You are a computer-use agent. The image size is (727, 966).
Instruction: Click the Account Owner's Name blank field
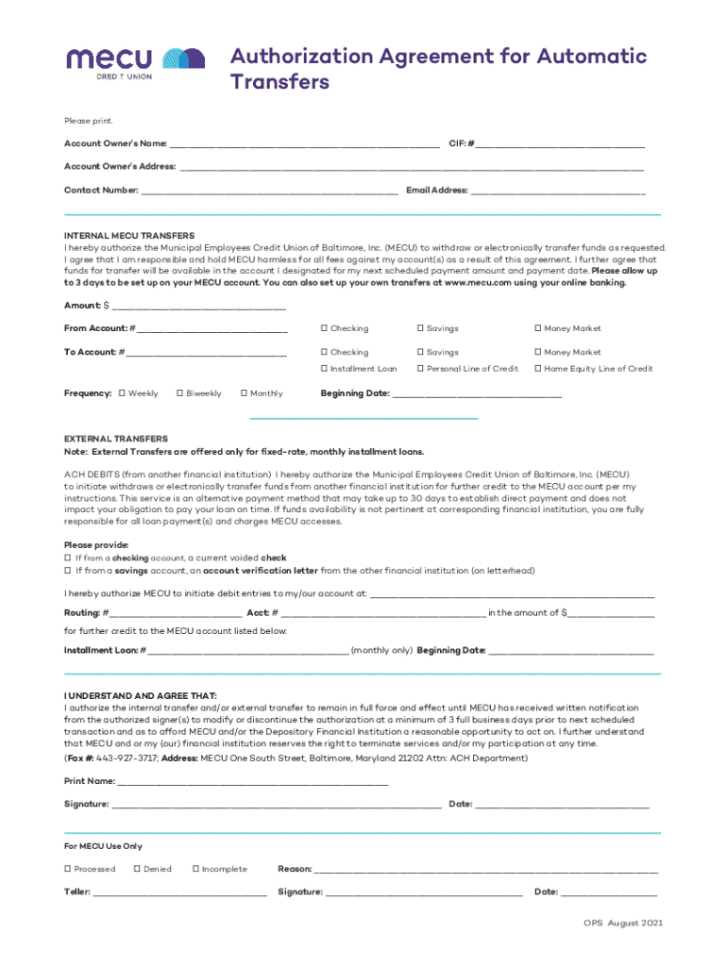304,143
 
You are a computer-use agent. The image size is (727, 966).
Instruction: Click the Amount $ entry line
198,306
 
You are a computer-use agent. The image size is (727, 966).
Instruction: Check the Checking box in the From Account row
324,328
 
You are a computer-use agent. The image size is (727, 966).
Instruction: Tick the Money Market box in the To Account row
537,352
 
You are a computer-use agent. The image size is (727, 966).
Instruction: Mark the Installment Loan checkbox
324,369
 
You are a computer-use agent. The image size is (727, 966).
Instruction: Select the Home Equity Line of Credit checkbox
537,369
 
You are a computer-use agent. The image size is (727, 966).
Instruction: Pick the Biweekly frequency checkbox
179,393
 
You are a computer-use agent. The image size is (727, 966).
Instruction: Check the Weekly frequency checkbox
121,393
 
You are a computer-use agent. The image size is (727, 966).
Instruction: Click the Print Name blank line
252,781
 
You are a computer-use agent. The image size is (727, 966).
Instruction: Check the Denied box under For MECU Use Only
137,869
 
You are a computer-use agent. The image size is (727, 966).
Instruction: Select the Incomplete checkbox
195,869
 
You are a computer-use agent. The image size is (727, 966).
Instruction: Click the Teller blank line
179,891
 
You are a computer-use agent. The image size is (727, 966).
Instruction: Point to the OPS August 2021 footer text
616,923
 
